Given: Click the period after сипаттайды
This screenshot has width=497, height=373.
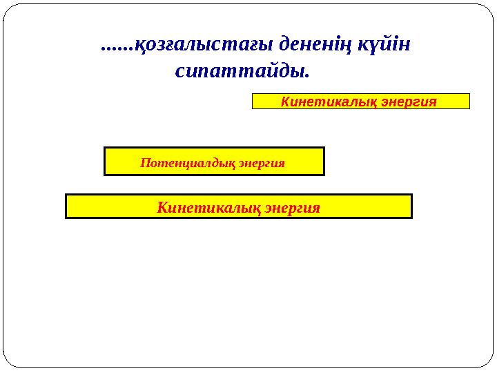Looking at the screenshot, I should click(306, 75).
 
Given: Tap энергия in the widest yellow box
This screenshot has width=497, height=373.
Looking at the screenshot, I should click(293, 207).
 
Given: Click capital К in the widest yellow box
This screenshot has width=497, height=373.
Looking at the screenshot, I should click(162, 207).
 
